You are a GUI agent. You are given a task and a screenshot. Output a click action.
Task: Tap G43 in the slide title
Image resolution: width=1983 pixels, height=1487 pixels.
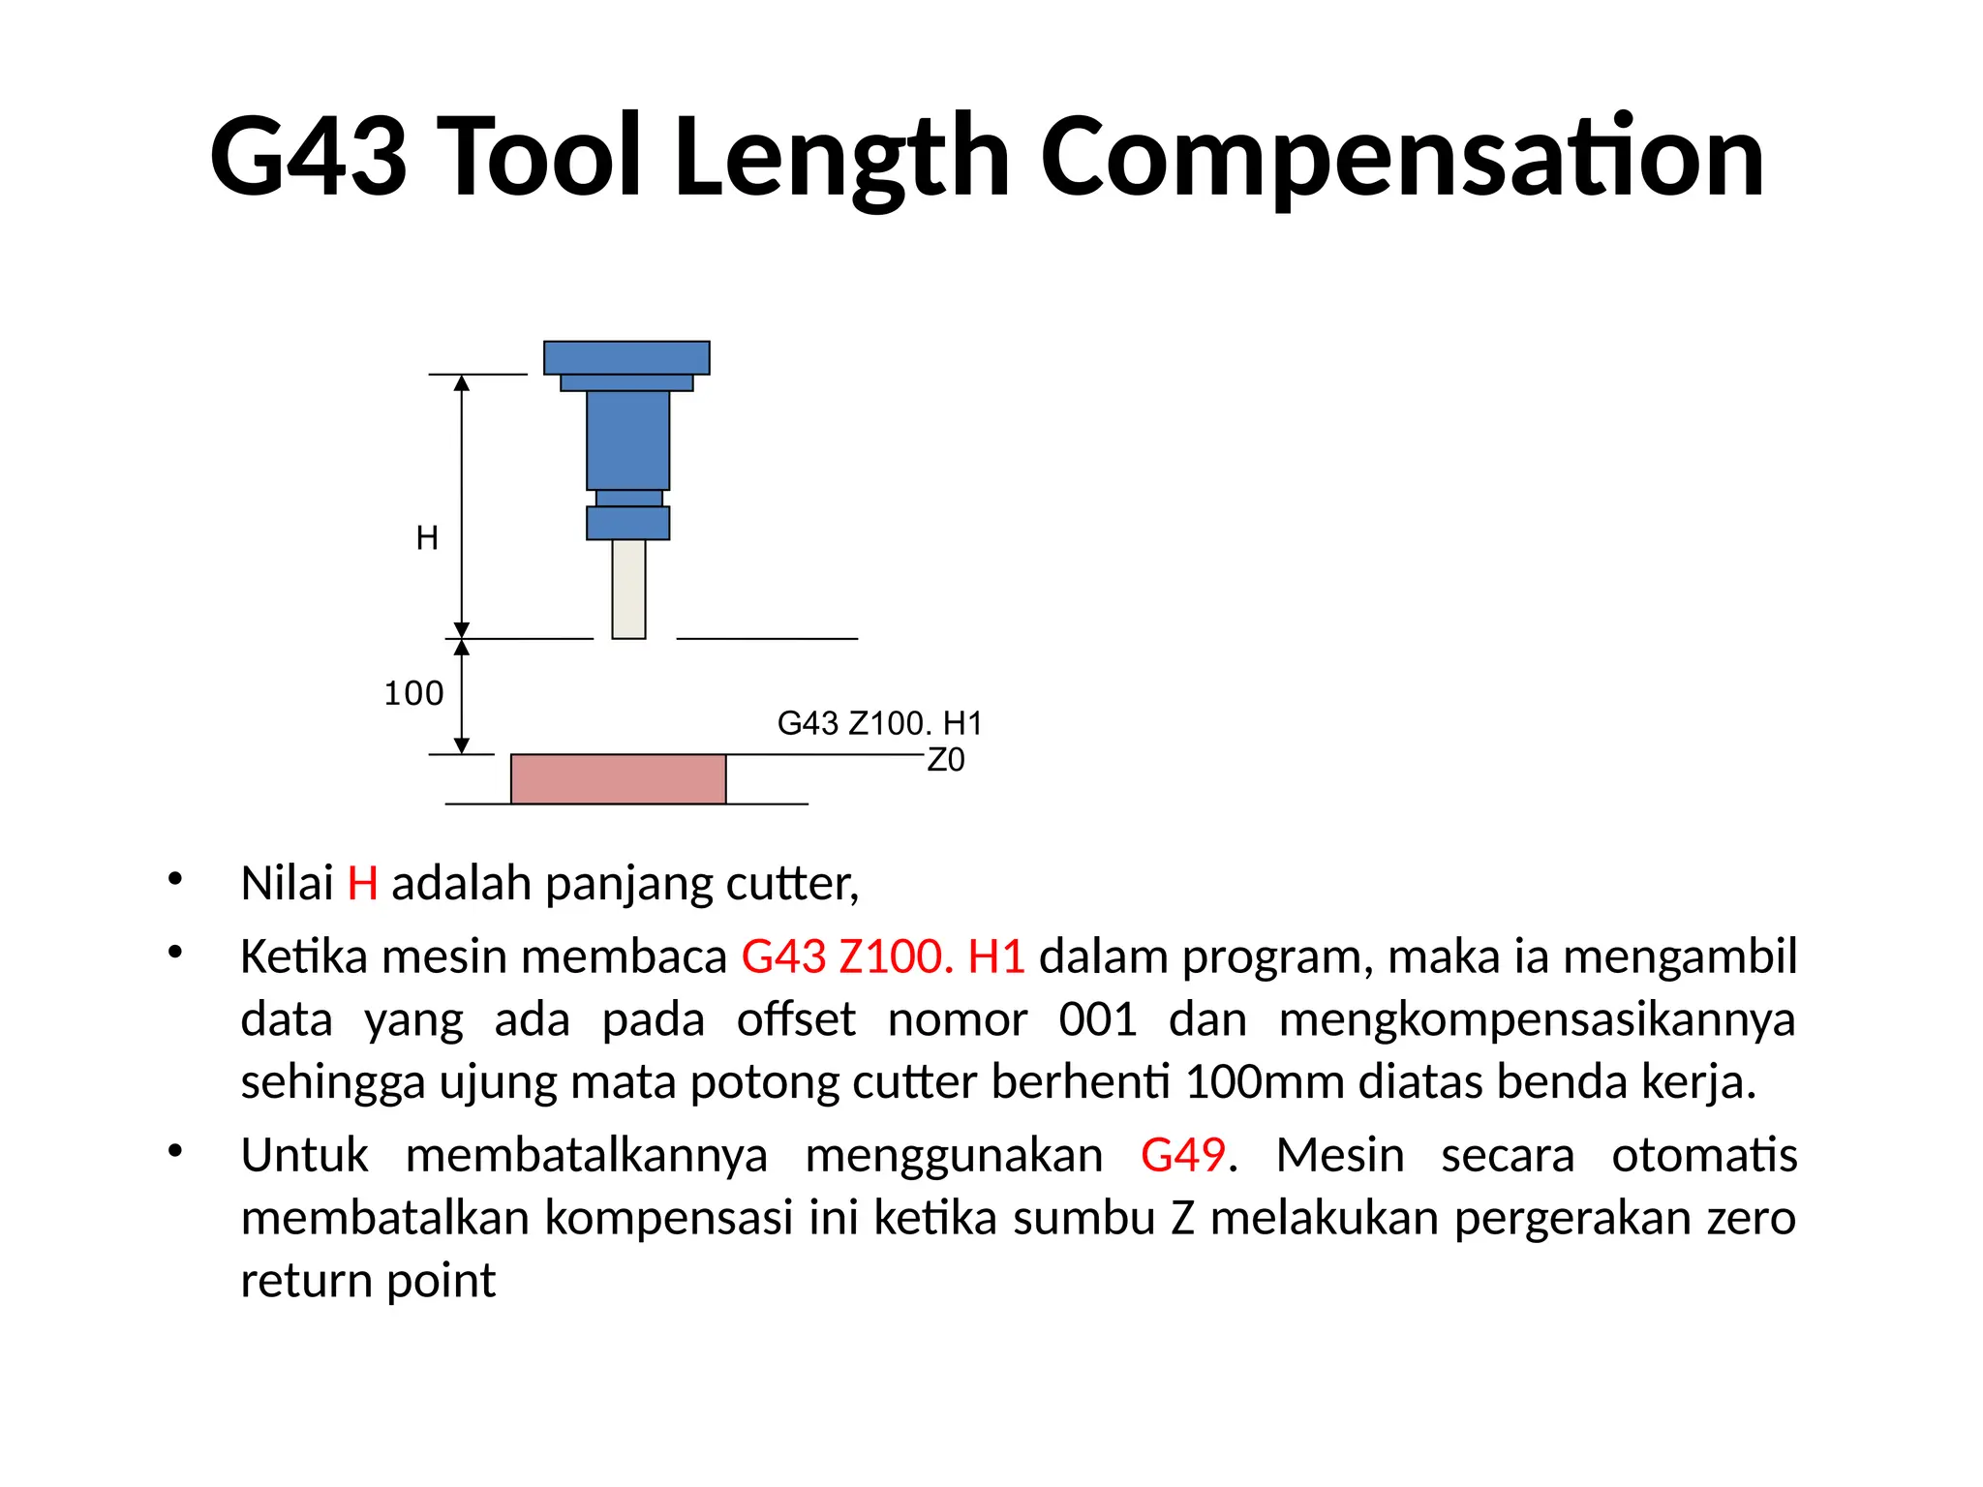[x=308, y=158]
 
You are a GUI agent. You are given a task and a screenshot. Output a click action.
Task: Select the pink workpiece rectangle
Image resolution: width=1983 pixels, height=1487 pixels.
[x=618, y=778]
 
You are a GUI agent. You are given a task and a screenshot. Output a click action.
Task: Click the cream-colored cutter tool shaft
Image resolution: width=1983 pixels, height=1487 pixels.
[x=628, y=589]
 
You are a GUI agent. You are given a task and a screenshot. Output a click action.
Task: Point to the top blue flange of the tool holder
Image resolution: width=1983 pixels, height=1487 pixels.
[x=626, y=357]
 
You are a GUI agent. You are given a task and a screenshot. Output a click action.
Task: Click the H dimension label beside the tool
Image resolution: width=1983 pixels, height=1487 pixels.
[x=427, y=538]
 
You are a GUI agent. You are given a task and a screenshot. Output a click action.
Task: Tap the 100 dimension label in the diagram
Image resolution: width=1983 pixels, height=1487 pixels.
[x=413, y=694]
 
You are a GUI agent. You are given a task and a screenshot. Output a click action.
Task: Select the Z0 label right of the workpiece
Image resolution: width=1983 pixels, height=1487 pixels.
[x=946, y=761]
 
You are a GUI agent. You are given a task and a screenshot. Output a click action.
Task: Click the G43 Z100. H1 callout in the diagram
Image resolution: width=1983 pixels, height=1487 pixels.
[x=879, y=723]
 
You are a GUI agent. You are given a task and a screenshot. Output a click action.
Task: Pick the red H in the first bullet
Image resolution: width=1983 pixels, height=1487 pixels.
[x=362, y=884]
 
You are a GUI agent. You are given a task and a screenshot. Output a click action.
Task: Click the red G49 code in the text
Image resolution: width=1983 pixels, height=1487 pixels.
[x=1183, y=1155]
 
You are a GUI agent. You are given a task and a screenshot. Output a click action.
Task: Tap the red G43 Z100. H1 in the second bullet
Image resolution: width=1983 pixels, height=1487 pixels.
[x=883, y=957]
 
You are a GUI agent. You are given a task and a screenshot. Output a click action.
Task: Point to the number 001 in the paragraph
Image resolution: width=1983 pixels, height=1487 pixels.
[x=1097, y=1019]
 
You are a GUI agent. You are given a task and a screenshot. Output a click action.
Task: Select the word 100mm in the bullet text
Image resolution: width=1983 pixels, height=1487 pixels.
[x=1264, y=1082]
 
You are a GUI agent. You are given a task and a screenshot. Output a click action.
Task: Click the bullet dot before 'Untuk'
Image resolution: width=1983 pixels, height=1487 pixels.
[x=174, y=1151]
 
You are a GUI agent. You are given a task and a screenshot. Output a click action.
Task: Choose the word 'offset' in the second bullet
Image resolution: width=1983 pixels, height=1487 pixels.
[x=796, y=1019]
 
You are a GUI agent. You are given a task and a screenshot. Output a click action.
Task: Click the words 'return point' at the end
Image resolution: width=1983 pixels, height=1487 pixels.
[x=368, y=1281]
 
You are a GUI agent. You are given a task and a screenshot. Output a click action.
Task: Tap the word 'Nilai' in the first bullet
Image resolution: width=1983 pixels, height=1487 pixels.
[x=287, y=884]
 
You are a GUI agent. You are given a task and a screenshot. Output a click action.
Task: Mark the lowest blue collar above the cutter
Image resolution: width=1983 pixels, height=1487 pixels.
[x=627, y=523]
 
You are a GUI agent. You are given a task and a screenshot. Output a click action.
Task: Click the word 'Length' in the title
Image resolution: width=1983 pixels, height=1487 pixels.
[x=840, y=158]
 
